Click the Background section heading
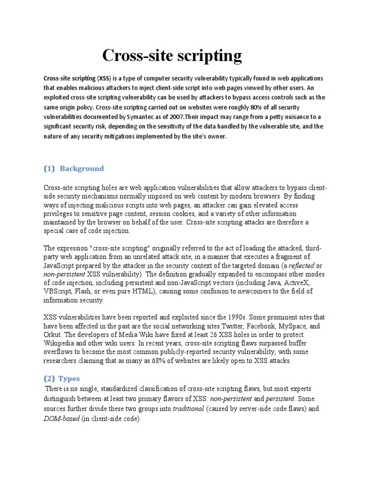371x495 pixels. coord(82,168)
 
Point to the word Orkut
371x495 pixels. coord(52,335)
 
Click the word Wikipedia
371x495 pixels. coord(60,344)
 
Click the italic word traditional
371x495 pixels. coord(188,409)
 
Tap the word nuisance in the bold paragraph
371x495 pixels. coord(271,117)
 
